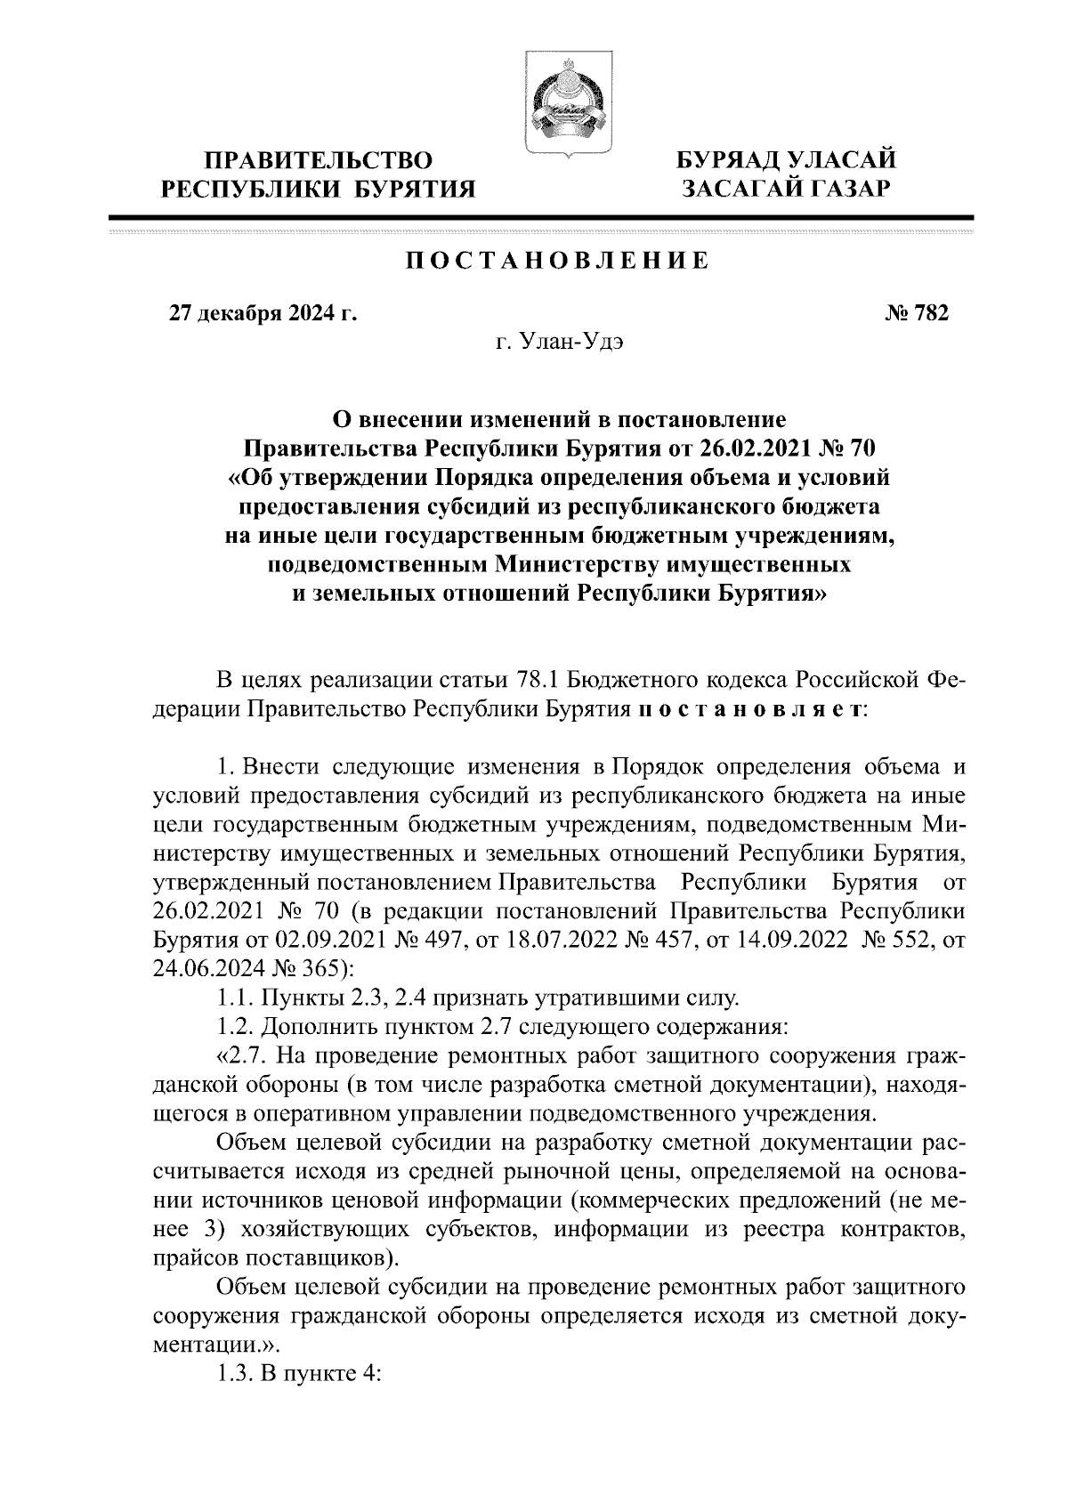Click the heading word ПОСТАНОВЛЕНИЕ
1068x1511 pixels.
pyautogui.click(x=558, y=261)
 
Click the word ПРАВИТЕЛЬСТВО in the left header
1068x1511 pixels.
pyautogui.click(x=320, y=161)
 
